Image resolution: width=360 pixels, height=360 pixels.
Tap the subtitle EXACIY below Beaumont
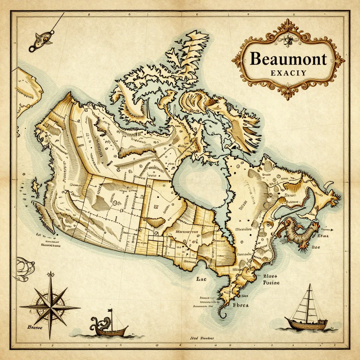[288, 73]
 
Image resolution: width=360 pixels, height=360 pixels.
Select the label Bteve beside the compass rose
[35, 327]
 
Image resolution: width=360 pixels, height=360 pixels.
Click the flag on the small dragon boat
[110, 311]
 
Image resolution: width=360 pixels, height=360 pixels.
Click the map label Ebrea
[241, 305]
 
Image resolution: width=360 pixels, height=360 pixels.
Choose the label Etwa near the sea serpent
[323, 236]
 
